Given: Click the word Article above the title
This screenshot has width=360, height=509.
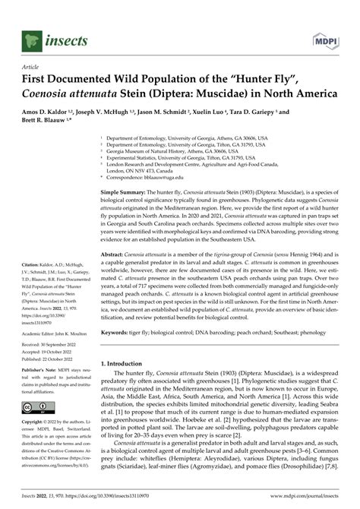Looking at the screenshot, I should click(33, 67).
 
